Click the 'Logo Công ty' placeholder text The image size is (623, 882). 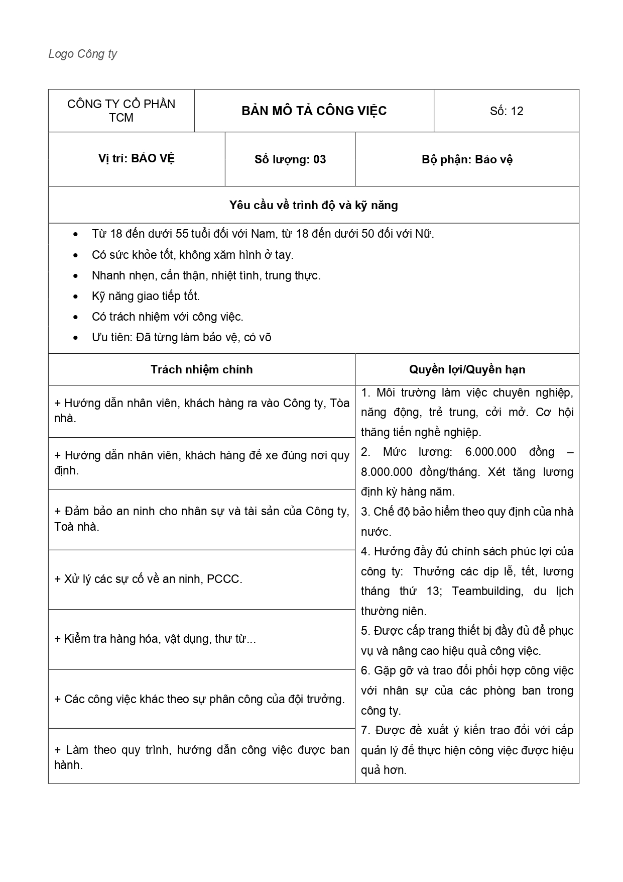[x=82, y=54]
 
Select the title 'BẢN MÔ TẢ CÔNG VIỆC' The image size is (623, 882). [x=314, y=111]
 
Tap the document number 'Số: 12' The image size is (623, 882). [x=506, y=111]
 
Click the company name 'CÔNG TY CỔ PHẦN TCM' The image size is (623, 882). [x=121, y=111]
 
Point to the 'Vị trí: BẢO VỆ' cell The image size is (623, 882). [x=136, y=159]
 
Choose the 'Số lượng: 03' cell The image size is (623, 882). [x=290, y=159]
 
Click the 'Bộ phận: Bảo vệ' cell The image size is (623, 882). [x=467, y=159]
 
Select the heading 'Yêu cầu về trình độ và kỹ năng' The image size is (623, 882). [x=313, y=205]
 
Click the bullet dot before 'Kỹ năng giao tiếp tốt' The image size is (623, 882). [x=76, y=297]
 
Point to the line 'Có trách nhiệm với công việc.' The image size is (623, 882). [x=167, y=317]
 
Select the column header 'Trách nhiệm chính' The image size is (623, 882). [x=201, y=369]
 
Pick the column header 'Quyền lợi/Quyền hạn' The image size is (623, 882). [x=467, y=369]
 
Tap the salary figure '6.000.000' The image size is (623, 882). [x=490, y=452]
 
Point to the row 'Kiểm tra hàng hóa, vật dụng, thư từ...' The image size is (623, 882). [x=155, y=639]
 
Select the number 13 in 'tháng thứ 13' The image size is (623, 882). [x=432, y=591]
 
